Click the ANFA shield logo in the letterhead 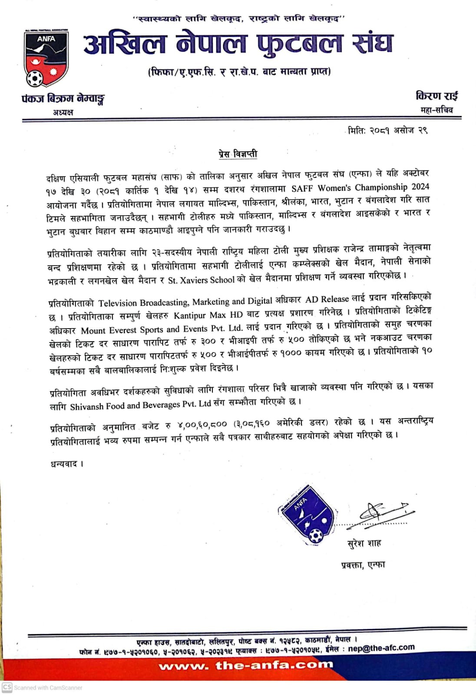pyautogui.click(x=46, y=58)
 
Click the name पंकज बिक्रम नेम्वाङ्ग pyautogui.click(x=63, y=99)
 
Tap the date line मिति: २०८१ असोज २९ pyautogui.click(x=388, y=130)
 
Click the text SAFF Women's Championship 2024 pyautogui.click(x=360, y=188)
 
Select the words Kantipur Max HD pyautogui.click(x=208, y=314)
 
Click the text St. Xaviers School pyautogui.click(x=201, y=280)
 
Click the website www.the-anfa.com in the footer pyautogui.click(x=246, y=665)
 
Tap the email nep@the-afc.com pyautogui.click(x=381, y=648)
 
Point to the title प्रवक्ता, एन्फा pyautogui.click(x=363, y=565)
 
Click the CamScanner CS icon pyautogui.click(x=7, y=687)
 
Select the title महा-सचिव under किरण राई pyautogui.click(x=436, y=110)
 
